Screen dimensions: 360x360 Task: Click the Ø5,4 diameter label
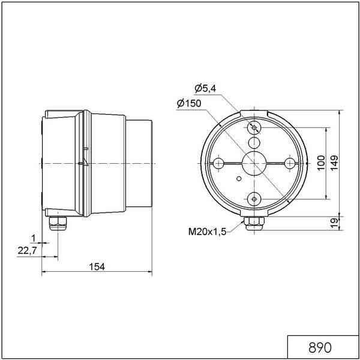point(205,88)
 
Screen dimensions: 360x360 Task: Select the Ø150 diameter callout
point(189,104)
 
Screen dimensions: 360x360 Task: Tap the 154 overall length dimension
point(97,267)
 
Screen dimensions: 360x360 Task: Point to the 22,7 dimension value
point(27,251)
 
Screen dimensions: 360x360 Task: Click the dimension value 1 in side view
point(34,239)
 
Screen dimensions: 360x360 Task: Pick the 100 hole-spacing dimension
point(321,163)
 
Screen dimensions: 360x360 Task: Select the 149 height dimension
point(334,163)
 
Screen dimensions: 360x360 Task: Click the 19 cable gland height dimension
point(335,223)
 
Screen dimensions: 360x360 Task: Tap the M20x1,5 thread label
point(208,232)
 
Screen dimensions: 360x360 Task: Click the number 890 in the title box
point(320,347)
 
